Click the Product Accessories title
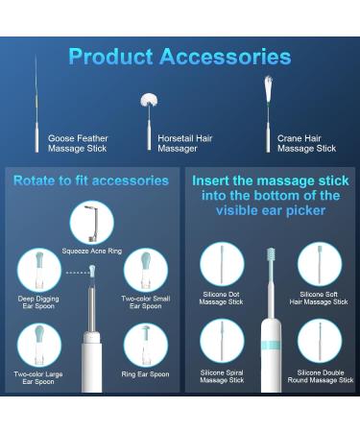point(180,58)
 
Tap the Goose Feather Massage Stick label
point(78,143)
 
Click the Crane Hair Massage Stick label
point(306,143)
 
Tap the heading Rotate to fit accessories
point(90,180)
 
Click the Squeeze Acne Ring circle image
point(91,223)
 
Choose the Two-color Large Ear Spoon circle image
point(39,344)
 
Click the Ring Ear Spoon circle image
point(145,344)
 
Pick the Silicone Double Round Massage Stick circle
point(320,340)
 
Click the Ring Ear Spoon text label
point(145,374)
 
